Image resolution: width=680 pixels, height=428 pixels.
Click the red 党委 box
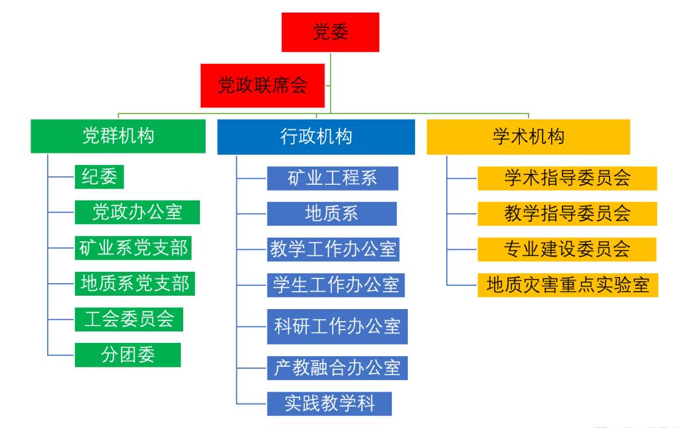[x=331, y=32]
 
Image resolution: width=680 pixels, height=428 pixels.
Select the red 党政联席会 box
[x=262, y=86]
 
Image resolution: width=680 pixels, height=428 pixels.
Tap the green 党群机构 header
[x=118, y=136]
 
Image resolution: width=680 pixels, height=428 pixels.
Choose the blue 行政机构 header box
[x=316, y=137]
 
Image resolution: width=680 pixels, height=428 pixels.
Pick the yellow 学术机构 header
[x=528, y=137]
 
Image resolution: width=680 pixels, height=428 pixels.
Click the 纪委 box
[x=100, y=177]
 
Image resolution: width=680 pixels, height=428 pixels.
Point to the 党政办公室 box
[x=137, y=212]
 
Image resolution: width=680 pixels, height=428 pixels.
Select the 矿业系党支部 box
[x=133, y=248]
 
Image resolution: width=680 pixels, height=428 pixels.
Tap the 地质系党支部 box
[x=135, y=284]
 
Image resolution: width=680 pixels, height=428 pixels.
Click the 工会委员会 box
[x=129, y=320]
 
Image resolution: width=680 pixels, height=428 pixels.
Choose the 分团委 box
[x=128, y=355]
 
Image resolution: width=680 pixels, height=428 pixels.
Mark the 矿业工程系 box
[x=333, y=178]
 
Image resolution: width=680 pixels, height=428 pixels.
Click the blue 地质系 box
[x=332, y=214]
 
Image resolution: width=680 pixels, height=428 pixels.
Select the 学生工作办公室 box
[x=335, y=285]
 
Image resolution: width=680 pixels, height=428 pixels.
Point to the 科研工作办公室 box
[x=337, y=326]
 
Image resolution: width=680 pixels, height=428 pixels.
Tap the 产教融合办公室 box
[x=337, y=368]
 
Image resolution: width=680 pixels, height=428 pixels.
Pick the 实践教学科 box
[x=329, y=403]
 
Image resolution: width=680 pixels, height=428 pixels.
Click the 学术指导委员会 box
[x=567, y=178]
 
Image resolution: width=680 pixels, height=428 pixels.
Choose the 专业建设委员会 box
[x=567, y=250]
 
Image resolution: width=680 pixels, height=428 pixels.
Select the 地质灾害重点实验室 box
[x=568, y=285]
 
